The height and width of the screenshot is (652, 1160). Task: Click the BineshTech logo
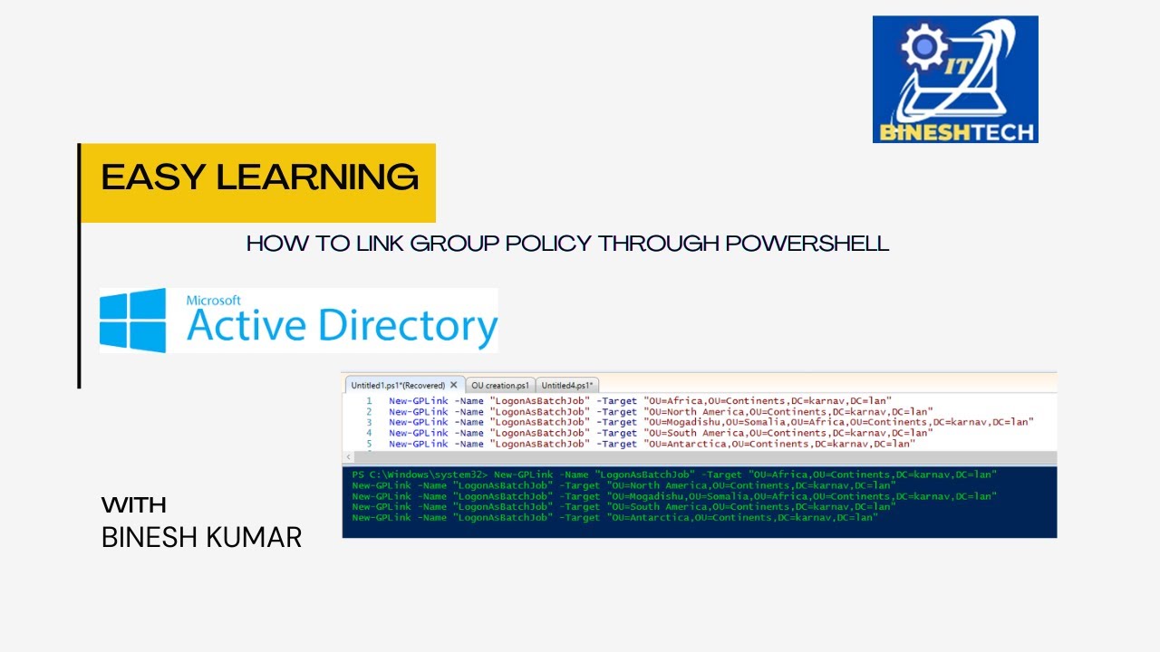[x=955, y=80]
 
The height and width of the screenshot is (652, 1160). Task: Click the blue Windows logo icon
[x=133, y=321]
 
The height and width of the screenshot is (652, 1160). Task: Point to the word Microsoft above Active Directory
[x=214, y=300]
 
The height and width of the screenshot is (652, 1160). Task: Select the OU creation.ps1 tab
[x=499, y=386]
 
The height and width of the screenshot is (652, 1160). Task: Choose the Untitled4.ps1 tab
[x=566, y=386]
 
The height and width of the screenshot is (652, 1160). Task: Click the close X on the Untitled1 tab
[x=454, y=385]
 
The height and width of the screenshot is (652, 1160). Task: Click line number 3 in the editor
[x=369, y=422]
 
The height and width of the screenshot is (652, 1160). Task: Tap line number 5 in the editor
[x=369, y=444]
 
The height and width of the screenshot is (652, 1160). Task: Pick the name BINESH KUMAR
[x=201, y=537]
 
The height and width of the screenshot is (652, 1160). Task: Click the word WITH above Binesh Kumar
[x=134, y=505]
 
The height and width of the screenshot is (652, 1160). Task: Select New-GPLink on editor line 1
[x=419, y=400]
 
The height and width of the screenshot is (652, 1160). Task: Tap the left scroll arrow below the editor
[x=350, y=457]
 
